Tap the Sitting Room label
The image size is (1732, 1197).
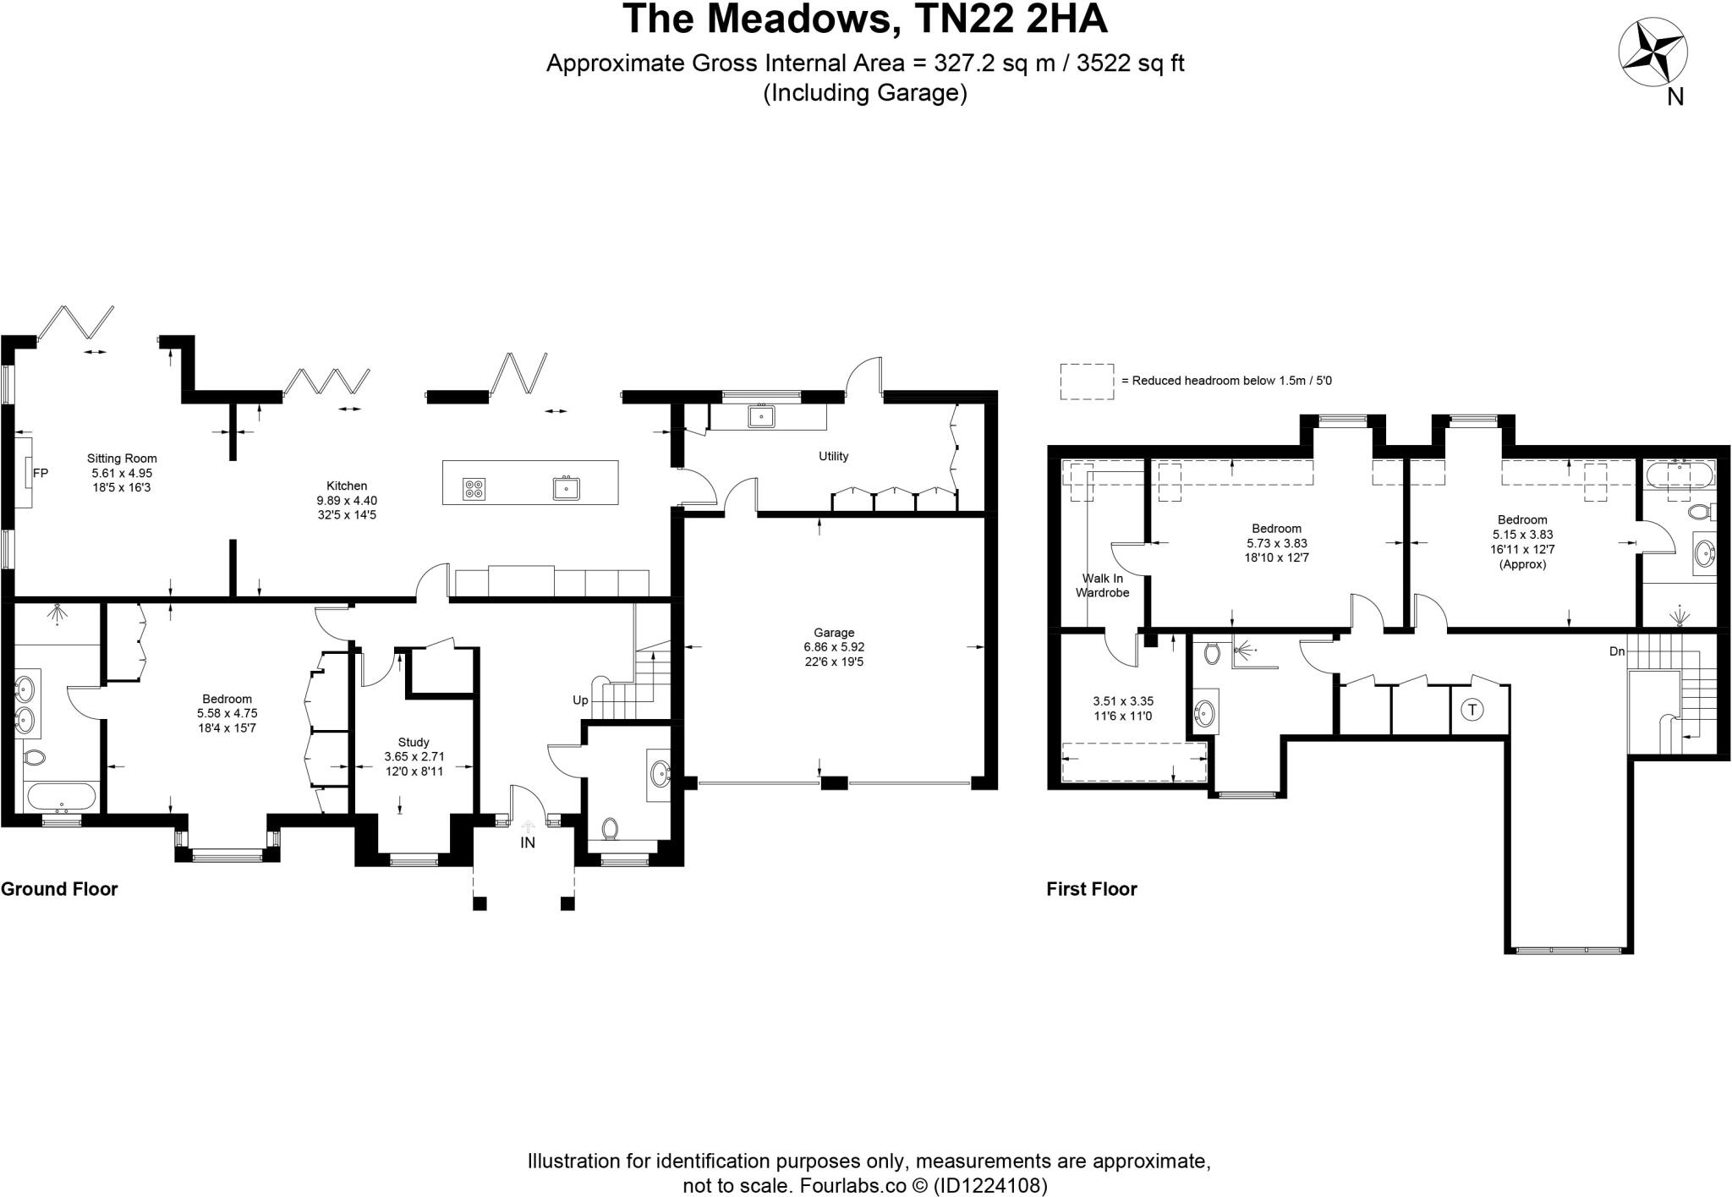pos(122,458)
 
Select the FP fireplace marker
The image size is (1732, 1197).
pos(40,474)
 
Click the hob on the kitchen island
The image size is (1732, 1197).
pos(474,488)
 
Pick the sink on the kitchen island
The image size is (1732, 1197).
pos(566,488)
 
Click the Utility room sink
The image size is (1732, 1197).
pos(761,416)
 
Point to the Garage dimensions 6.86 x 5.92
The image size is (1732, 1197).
pos(834,647)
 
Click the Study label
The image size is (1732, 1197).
pos(414,742)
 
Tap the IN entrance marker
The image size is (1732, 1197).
pos(528,843)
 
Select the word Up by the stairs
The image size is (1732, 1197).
pos(580,700)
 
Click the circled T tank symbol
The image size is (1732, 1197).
pos(1472,709)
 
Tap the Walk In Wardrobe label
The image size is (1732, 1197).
pos(1103,585)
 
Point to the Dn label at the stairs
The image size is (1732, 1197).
pos(1616,652)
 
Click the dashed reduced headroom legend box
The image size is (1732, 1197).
pos(1087,382)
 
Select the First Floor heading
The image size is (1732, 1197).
pos(1091,889)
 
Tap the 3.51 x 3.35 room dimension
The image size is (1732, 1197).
pos(1123,701)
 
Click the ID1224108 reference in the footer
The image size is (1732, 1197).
pos(989,1185)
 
